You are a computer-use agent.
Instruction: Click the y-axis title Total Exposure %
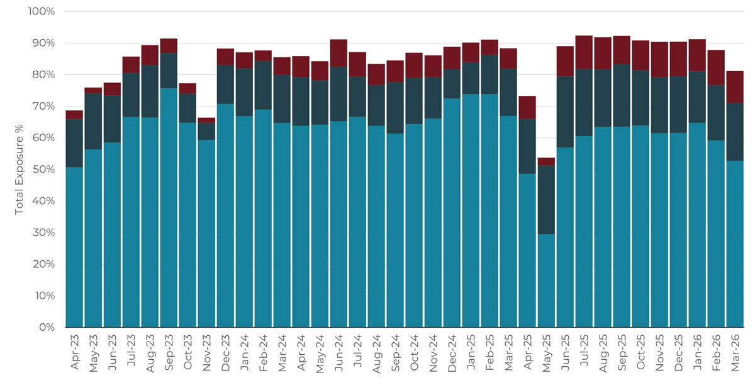pos(19,170)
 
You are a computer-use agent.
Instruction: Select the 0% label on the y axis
pos(48,328)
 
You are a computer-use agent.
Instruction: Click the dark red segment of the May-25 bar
pos(546,161)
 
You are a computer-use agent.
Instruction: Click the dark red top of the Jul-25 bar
pos(584,52)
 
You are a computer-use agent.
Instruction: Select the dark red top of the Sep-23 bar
pos(169,46)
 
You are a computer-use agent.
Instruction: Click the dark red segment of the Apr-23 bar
pos(74,115)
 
